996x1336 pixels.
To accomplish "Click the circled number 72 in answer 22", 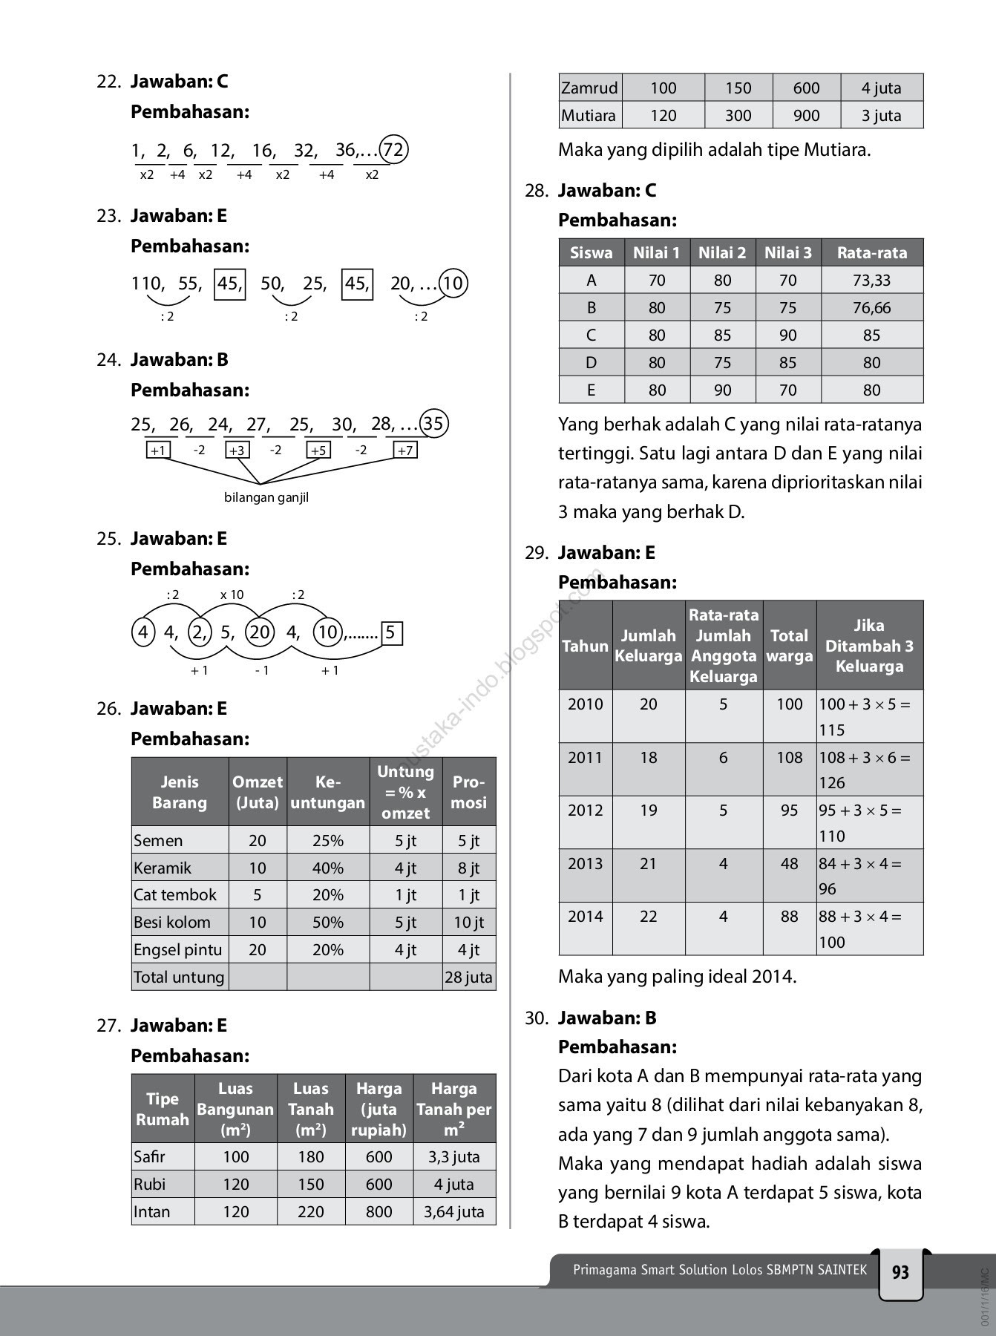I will pos(393,150).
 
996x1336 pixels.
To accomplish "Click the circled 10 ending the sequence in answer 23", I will pos(453,283).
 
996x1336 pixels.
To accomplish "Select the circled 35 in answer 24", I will pos(433,424).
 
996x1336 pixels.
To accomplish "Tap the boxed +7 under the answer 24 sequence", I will pos(405,450).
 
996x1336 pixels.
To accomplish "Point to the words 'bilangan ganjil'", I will pos(266,497).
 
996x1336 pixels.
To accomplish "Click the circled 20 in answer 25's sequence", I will pos(260,632).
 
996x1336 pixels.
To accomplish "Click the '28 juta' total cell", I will pos(468,977).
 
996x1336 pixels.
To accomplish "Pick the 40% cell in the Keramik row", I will pos(327,868).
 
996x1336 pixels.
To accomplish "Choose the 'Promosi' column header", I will pos(468,792).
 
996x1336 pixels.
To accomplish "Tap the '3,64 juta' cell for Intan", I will pos(453,1211).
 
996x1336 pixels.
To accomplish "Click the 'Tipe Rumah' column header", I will pos(163,1109).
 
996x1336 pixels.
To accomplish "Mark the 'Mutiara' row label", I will pos(589,115).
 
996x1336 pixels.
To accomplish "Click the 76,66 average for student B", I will pos(871,307).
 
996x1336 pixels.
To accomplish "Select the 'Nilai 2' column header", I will pos(722,252).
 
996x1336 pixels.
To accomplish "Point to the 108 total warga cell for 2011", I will pos(790,757).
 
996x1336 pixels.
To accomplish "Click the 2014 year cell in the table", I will pos(586,916).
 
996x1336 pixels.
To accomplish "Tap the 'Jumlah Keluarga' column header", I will pos(648,646).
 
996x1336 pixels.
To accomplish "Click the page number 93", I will pos(900,1273).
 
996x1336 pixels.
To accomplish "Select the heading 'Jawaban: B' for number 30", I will pos(607,1018).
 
